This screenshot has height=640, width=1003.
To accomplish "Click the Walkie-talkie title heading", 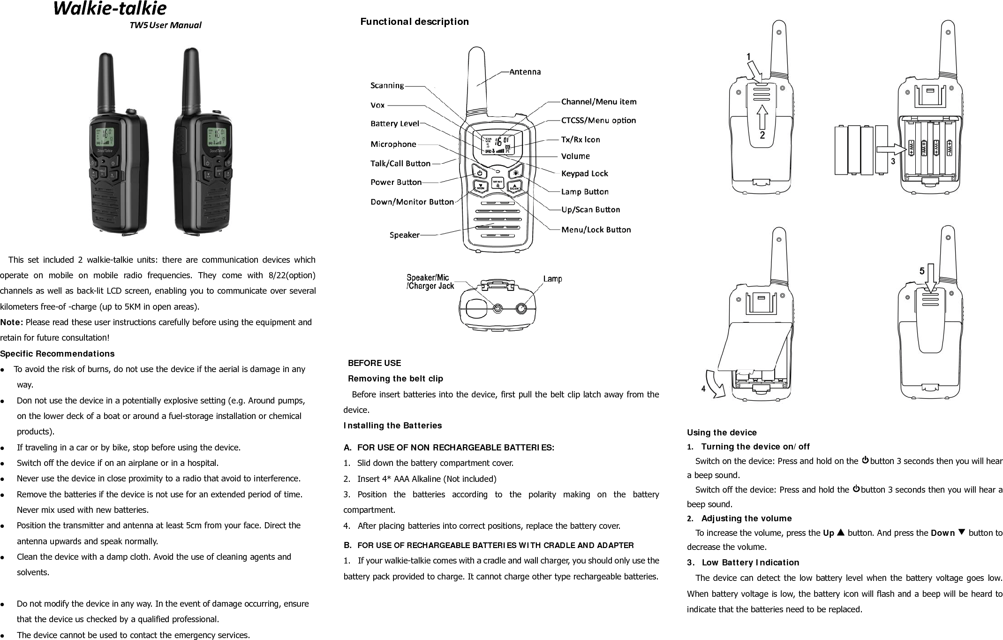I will click(110, 8).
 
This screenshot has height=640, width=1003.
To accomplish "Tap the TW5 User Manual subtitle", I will click(165, 25).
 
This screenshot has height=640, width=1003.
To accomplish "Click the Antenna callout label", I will click(525, 72).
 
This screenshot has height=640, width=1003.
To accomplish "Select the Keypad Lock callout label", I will click(584, 174).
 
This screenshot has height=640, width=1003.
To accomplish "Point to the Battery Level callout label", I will click(394, 124).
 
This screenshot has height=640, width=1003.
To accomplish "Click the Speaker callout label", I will click(404, 235).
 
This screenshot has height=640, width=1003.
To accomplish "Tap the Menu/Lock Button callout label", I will click(596, 230).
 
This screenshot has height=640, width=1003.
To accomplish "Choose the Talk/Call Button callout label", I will click(400, 163).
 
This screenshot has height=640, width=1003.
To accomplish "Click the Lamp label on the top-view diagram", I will click(552, 279).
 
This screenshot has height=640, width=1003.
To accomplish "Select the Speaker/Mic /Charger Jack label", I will click(430, 282).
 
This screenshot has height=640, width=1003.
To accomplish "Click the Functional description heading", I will click(414, 22).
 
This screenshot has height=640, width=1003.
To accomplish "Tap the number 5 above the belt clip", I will click(922, 271).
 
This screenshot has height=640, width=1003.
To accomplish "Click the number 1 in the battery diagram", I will click(749, 57).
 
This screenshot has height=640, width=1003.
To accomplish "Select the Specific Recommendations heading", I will click(57, 353).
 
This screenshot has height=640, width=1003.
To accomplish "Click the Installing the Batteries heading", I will click(392, 426).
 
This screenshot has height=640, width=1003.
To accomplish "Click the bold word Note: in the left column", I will click(12, 322).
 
